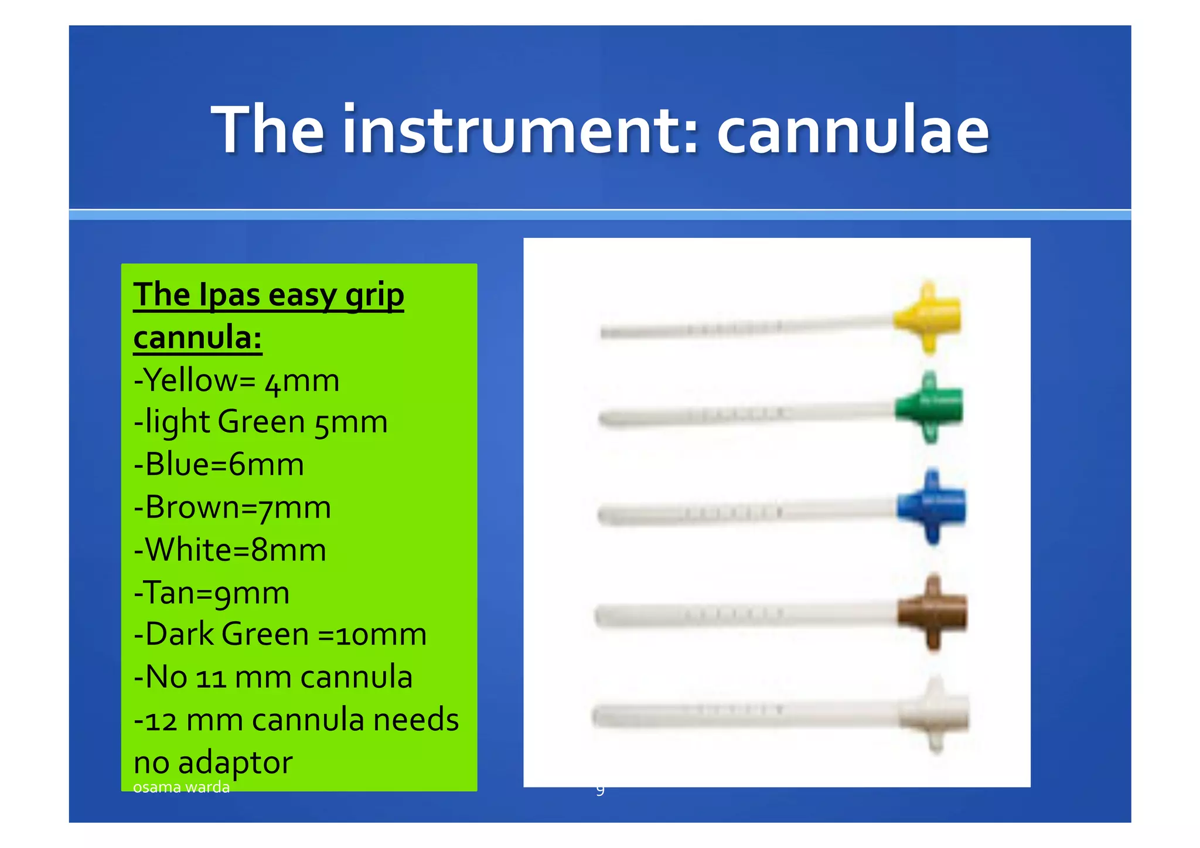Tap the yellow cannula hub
(x=929, y=317)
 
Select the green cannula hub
(x=930, y=407)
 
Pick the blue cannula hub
(x=932, y=506)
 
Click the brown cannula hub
(x=933, y=612)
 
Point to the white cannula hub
(x=935, y=714)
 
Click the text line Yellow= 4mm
(x=237, y=381)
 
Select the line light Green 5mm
(x=261, y=423)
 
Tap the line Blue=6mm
(x=219, y=465)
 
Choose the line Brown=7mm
(x=233, y=508)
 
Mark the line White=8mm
(x=230, y=550)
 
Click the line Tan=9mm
(x=212, y=593)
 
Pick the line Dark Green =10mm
(x=280, y=635)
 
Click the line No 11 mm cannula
(x=273, y=677)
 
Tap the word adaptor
(x=234, y=763)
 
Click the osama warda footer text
(x=181, y=787)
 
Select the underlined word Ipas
(x=229, y=295)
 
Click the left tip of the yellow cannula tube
(x=604, y=332)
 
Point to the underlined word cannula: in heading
(x=197, y=338)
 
